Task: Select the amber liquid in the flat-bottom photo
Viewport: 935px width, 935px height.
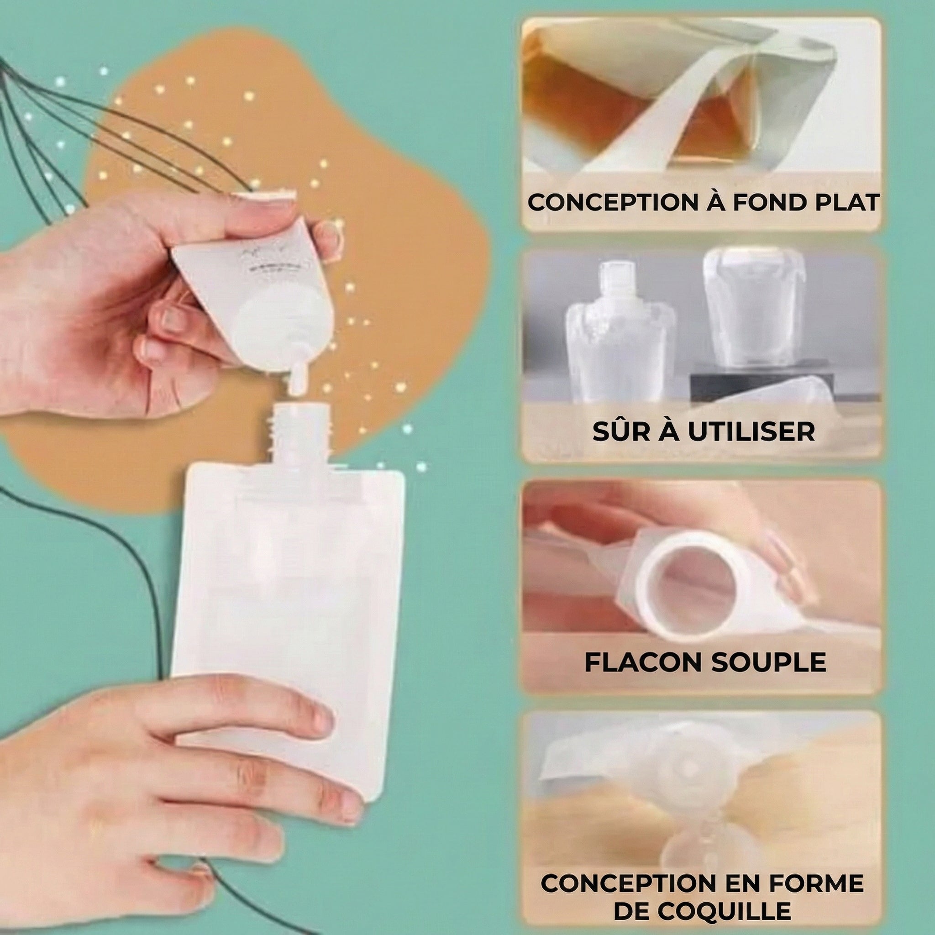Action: [711, 123]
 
